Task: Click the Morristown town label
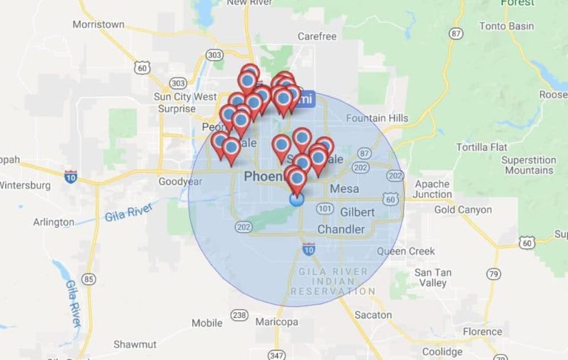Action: tap(98, 24)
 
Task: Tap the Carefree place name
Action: tap(317, 35)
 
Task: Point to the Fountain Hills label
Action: tap(377, 118)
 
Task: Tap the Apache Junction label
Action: tap(433, 189)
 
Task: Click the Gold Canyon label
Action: tap(463, 209)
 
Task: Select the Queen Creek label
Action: tap(406, 251)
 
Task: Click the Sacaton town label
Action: tap(373, 315)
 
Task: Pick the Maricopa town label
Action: tap(276, 322)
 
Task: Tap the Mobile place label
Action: tap(206, 323)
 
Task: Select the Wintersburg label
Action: tap(25, 186)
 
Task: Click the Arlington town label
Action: tap(53, 222)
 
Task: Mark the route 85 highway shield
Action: tap(89, 279)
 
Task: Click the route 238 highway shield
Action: tap(238, 315)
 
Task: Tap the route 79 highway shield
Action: tap(493, 274)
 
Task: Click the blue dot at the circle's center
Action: tap(297, 199)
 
